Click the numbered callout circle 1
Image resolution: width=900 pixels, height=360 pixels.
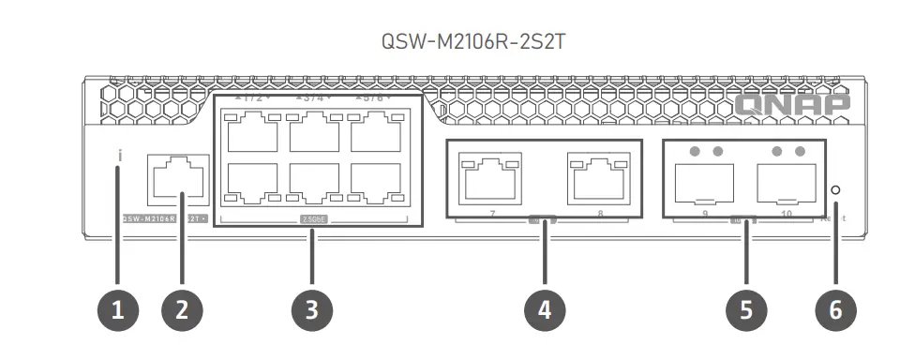pos(117,309)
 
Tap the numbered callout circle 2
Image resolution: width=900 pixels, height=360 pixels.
pos(182,309)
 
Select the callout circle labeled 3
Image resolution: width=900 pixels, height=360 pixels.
pos(313,309)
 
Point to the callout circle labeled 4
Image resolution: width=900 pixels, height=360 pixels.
pos(545,309)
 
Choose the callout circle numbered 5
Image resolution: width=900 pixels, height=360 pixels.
pos(746,309)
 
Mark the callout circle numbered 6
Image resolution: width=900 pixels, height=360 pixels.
pos(835,309)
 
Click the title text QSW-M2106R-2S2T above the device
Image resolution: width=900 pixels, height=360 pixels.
pos(449,42)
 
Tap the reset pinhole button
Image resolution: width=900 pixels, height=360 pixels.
pos(835,190)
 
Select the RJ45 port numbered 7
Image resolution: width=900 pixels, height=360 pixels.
pos(490,177)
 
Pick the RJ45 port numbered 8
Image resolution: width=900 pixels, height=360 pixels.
pos(597,177)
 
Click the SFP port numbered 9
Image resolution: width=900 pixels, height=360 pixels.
pos(704,183)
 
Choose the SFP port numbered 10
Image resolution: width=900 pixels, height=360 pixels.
pos(786,183)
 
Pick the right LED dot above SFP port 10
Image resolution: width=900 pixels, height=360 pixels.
pos(800,151)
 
